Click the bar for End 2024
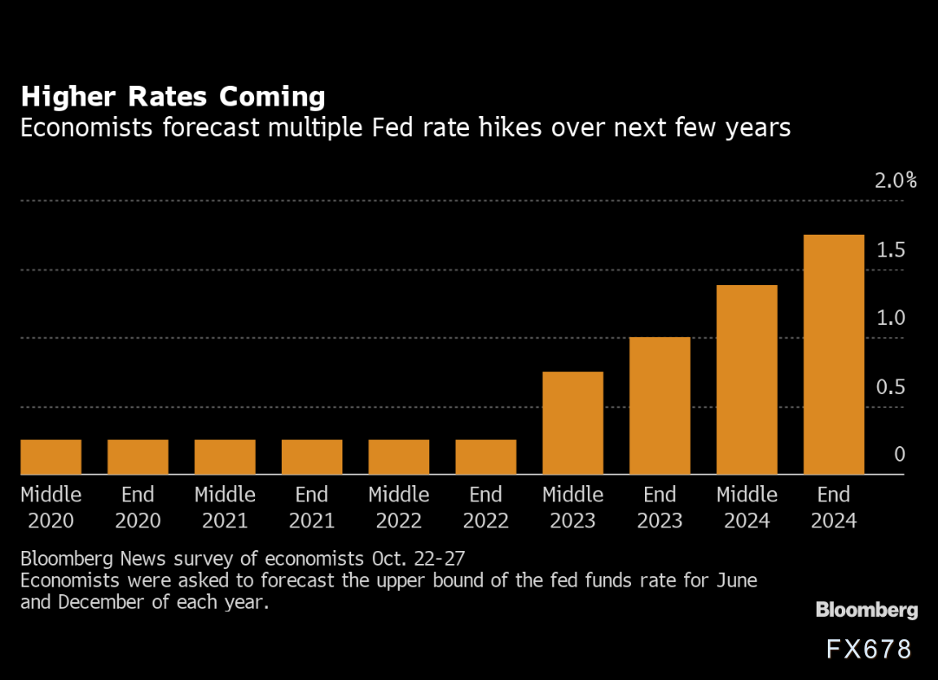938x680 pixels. tap(833, 354)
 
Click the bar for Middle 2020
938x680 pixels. tap(51, 457)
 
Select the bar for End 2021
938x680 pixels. tap(312, 457)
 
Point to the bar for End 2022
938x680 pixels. tap(485, 457)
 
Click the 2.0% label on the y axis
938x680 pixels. tap(896, 181)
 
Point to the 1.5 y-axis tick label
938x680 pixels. tap(890, 250)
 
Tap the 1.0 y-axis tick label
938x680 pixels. tap(890, 318)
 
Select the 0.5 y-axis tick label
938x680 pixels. tap(890, 387)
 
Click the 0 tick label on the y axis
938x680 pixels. tap(899, 455)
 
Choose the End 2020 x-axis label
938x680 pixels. tap(138, 508)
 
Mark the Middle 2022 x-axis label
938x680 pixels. tap(399, 508)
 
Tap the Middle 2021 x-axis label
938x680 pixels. tap(225, 508)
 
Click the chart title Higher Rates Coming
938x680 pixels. tap(173, 96)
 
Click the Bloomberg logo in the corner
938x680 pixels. tap(866, 611)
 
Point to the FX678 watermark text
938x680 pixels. tap(869, 650)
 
